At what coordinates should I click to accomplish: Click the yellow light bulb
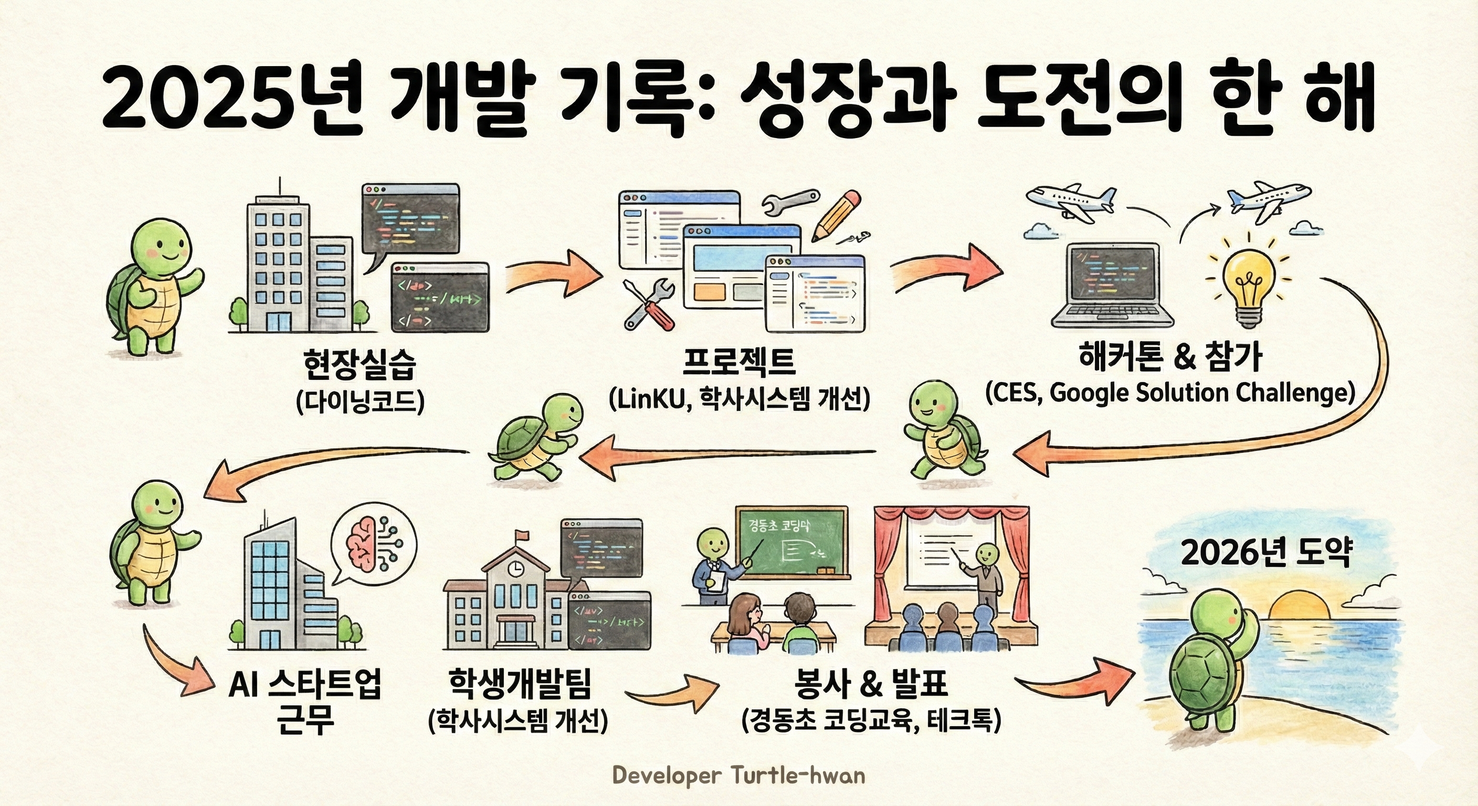coord(1250,284)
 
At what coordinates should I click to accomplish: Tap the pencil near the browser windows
coord(837,216)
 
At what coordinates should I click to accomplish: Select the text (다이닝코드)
coord(360,401)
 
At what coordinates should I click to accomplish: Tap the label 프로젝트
coord(739,362)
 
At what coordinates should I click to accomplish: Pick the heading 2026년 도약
coord(1267,553)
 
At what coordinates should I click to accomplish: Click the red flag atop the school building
coord(521,535)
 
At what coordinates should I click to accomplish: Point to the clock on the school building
coord(516,568)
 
